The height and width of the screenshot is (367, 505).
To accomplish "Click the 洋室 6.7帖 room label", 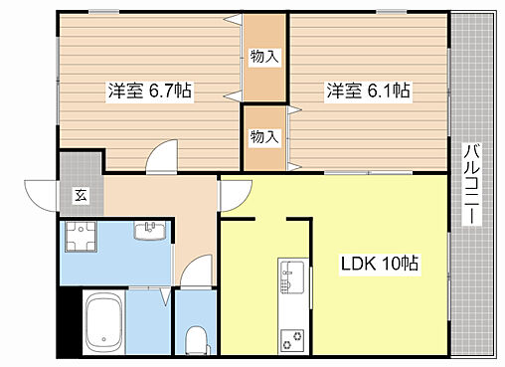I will (150, 92).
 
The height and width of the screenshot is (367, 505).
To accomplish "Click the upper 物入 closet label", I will (263, 57).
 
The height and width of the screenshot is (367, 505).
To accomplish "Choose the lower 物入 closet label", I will (263, 135).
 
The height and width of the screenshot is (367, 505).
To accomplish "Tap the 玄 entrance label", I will (79, 196).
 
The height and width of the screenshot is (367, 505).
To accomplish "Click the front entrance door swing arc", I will (40, 190).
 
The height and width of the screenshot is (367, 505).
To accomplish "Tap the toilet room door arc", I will (200, 272).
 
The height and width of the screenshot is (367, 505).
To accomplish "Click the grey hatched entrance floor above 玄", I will (79, 164).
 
